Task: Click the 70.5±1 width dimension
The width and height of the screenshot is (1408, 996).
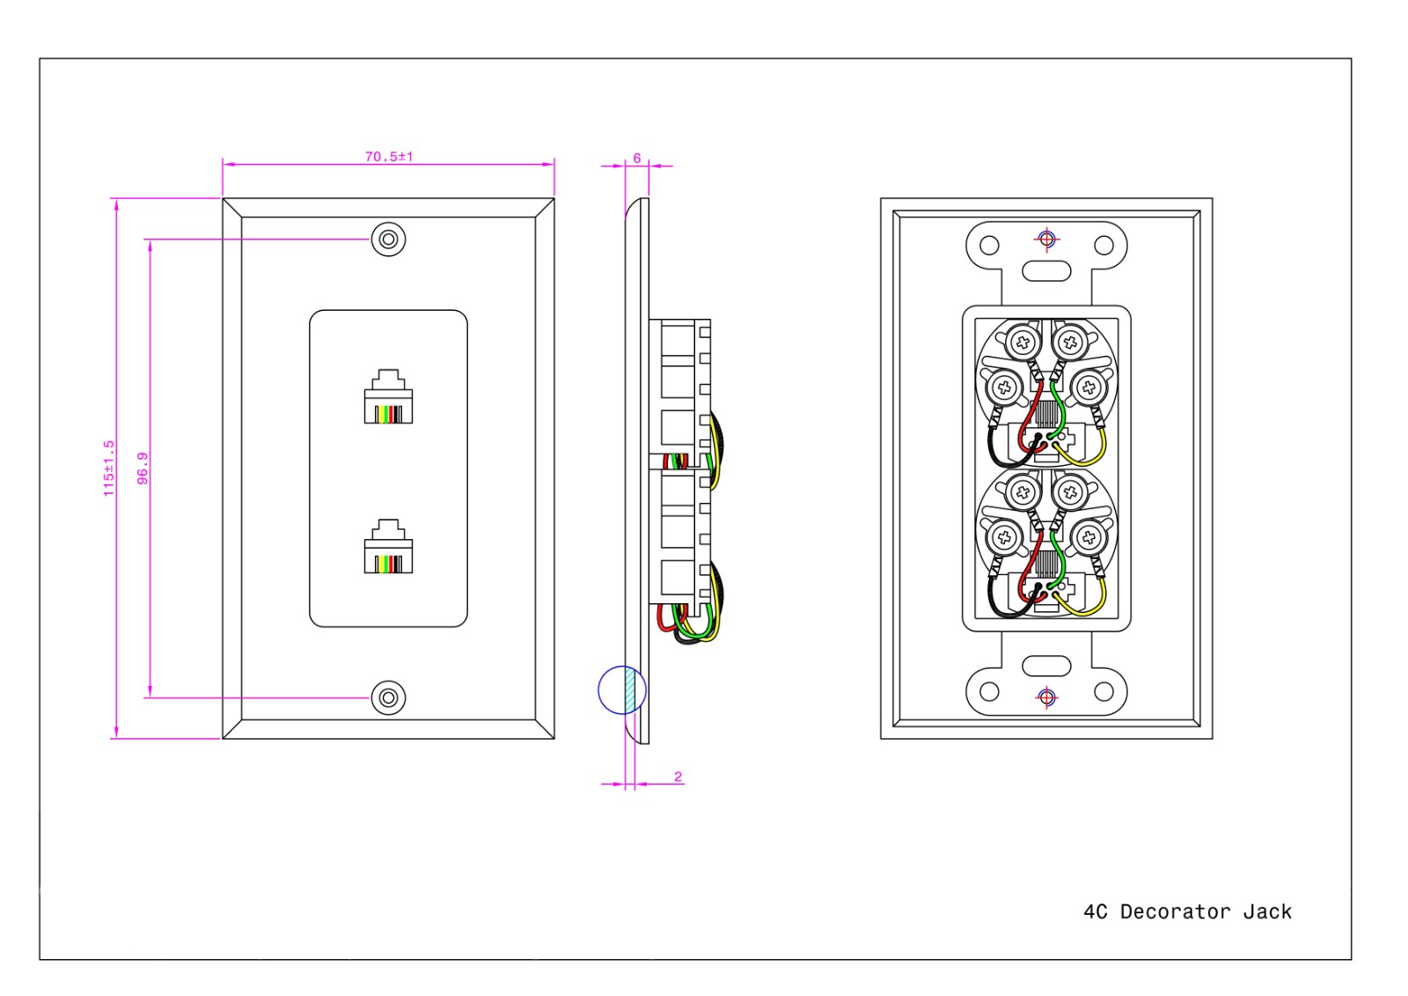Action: (x=389, y=157)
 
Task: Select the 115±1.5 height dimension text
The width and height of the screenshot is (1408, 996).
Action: (x=109, y=468)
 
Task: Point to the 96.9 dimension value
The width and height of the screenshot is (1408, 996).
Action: (x=143, y=468)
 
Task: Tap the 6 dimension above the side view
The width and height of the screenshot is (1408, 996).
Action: (x=637, y=159)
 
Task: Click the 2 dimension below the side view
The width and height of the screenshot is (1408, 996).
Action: (x=678, y=777)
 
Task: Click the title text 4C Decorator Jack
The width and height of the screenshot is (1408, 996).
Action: (x=1187, y=911)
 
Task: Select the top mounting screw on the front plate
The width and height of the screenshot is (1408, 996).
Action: (x=388, y=240)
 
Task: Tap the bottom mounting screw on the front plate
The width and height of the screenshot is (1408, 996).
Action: (x=388, y=697)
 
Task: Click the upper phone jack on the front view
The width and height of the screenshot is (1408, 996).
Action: (x=388, y=397)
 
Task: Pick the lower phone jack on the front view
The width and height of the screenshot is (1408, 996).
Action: (x=388, y=547)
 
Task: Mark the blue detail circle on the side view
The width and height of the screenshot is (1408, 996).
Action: (x=621, y=690)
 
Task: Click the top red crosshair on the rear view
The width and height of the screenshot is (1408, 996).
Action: (x=1046, y=239)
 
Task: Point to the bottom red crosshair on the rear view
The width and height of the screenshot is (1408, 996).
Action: (x=1046, y=697)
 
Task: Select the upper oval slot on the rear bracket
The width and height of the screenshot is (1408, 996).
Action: (x=1046, y=270)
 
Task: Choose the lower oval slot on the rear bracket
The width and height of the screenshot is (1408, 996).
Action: (x=1046, y=666)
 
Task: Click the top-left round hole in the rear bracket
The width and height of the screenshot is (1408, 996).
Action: (x=990, y=245)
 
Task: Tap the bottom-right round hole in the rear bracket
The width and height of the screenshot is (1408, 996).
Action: (x=1104, y=691)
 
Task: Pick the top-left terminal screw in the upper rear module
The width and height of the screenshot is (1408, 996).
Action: (x=1023, y=342)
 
